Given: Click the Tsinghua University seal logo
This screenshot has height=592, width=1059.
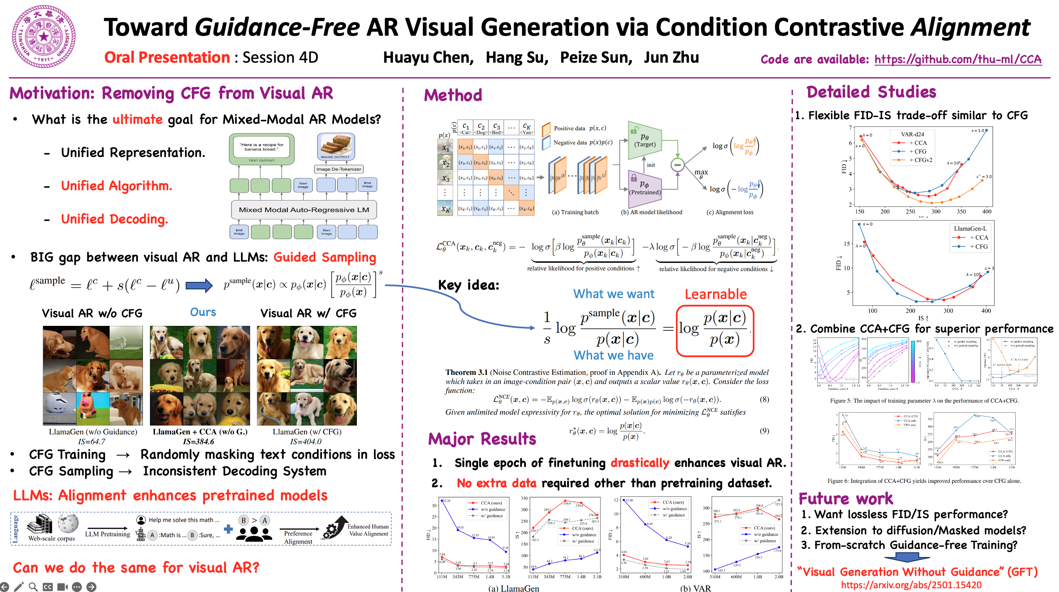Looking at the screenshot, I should coord(44,37).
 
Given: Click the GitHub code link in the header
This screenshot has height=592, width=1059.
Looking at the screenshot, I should coord(958,59).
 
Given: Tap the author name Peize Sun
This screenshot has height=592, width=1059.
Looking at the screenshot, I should coord(596,58).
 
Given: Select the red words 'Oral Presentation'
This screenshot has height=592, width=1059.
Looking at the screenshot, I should coord(167,58).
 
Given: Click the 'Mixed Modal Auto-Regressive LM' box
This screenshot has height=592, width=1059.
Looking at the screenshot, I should coord(304,210).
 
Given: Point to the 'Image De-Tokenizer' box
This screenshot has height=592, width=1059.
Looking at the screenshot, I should coord(339,169).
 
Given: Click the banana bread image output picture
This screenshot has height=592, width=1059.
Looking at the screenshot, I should coord(336,145).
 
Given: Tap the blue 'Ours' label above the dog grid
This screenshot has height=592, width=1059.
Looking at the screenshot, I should coord(203,312).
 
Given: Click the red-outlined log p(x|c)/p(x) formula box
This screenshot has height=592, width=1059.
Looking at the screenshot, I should coord(715,330).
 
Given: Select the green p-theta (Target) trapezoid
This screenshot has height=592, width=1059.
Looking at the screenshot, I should coord(644,140).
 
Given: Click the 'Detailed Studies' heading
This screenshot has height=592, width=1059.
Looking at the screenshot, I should coord(871,92).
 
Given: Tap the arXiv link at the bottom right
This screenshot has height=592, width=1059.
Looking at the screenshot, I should coord(911,585).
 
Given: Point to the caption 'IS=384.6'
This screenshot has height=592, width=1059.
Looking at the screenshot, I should coord(199,442).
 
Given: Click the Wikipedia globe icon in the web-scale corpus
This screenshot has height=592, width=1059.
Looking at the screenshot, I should coord(67,524).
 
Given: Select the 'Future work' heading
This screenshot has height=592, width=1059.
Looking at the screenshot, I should coord(845,498).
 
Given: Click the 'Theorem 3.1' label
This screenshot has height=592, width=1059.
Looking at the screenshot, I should coord(466,372).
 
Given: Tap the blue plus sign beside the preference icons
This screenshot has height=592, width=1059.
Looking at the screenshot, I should coord(228,529).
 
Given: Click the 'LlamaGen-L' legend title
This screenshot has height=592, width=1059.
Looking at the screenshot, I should coord(970,229).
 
